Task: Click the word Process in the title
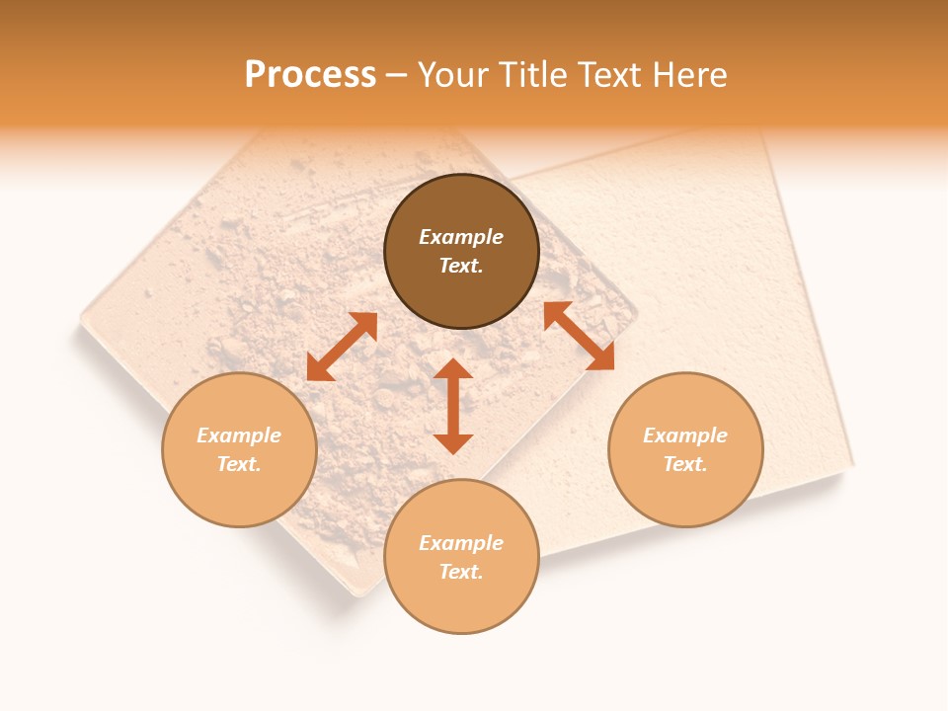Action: (310, 75)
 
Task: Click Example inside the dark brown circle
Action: (461, 237)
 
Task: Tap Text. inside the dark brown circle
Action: (461, 266)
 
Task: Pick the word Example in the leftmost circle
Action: (239, 435)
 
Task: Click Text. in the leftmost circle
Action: (239, 464)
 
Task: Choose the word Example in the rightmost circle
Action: (685, 435)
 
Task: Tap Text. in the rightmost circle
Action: (685, 464)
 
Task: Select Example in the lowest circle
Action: (461, 543)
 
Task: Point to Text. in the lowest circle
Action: (461, 572)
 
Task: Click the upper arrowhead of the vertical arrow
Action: (453, 369)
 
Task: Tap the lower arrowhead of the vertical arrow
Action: (453, 443)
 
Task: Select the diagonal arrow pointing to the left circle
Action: (342, 347)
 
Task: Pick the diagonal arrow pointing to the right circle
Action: (579, 336)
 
